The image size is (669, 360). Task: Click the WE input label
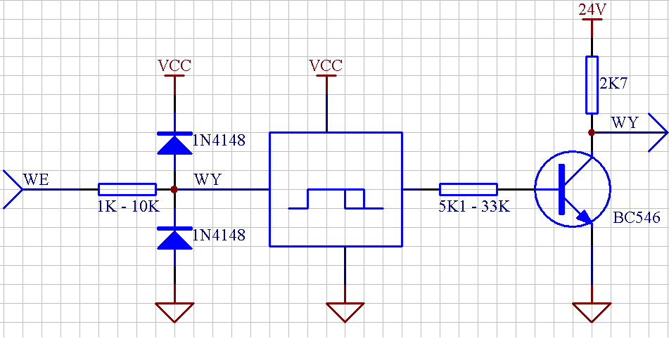pos(36,179)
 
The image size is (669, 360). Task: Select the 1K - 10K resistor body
pos(127,189)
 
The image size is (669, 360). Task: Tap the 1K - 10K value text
pos(129,207)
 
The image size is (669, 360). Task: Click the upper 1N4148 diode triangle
pos(174,143)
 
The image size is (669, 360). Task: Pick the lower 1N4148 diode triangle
pos(174,238)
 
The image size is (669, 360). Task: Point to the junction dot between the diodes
pos(174,189)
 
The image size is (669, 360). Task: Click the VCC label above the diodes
pos(174,65)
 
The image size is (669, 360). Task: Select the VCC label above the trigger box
pos(326,65)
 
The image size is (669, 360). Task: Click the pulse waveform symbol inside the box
pos(336,199)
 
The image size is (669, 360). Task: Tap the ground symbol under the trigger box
pos(345,311)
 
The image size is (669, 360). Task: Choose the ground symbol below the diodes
pos(174,311)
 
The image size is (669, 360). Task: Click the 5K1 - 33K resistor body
pos(469,189)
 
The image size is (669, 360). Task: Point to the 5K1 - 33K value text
pos(474,207)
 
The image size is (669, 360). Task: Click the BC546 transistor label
pos(637,217)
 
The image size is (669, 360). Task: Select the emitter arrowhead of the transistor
pos(585,217)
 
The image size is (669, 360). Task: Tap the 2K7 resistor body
pos(592,85)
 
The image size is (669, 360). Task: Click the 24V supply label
pos(592,9)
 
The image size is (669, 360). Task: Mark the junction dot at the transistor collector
pos(592,133)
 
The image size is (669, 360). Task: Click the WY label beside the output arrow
pos(625,122)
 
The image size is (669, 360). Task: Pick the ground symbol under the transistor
pos(592,311)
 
